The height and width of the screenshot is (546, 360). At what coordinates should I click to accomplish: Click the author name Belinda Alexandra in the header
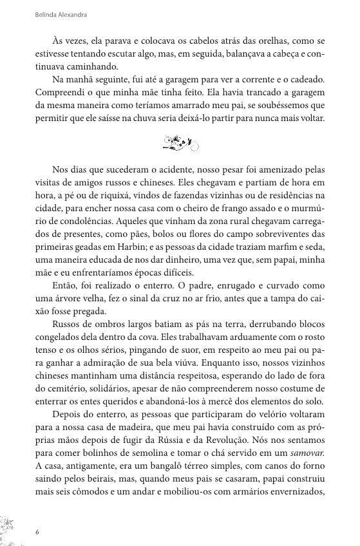pyautogui.click(x=61, y=13)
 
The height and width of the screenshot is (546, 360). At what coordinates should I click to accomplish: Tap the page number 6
pyautogui.click(x=37, y=532)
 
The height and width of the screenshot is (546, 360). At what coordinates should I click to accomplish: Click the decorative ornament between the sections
pyautogui.click(x=179, y=143)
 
